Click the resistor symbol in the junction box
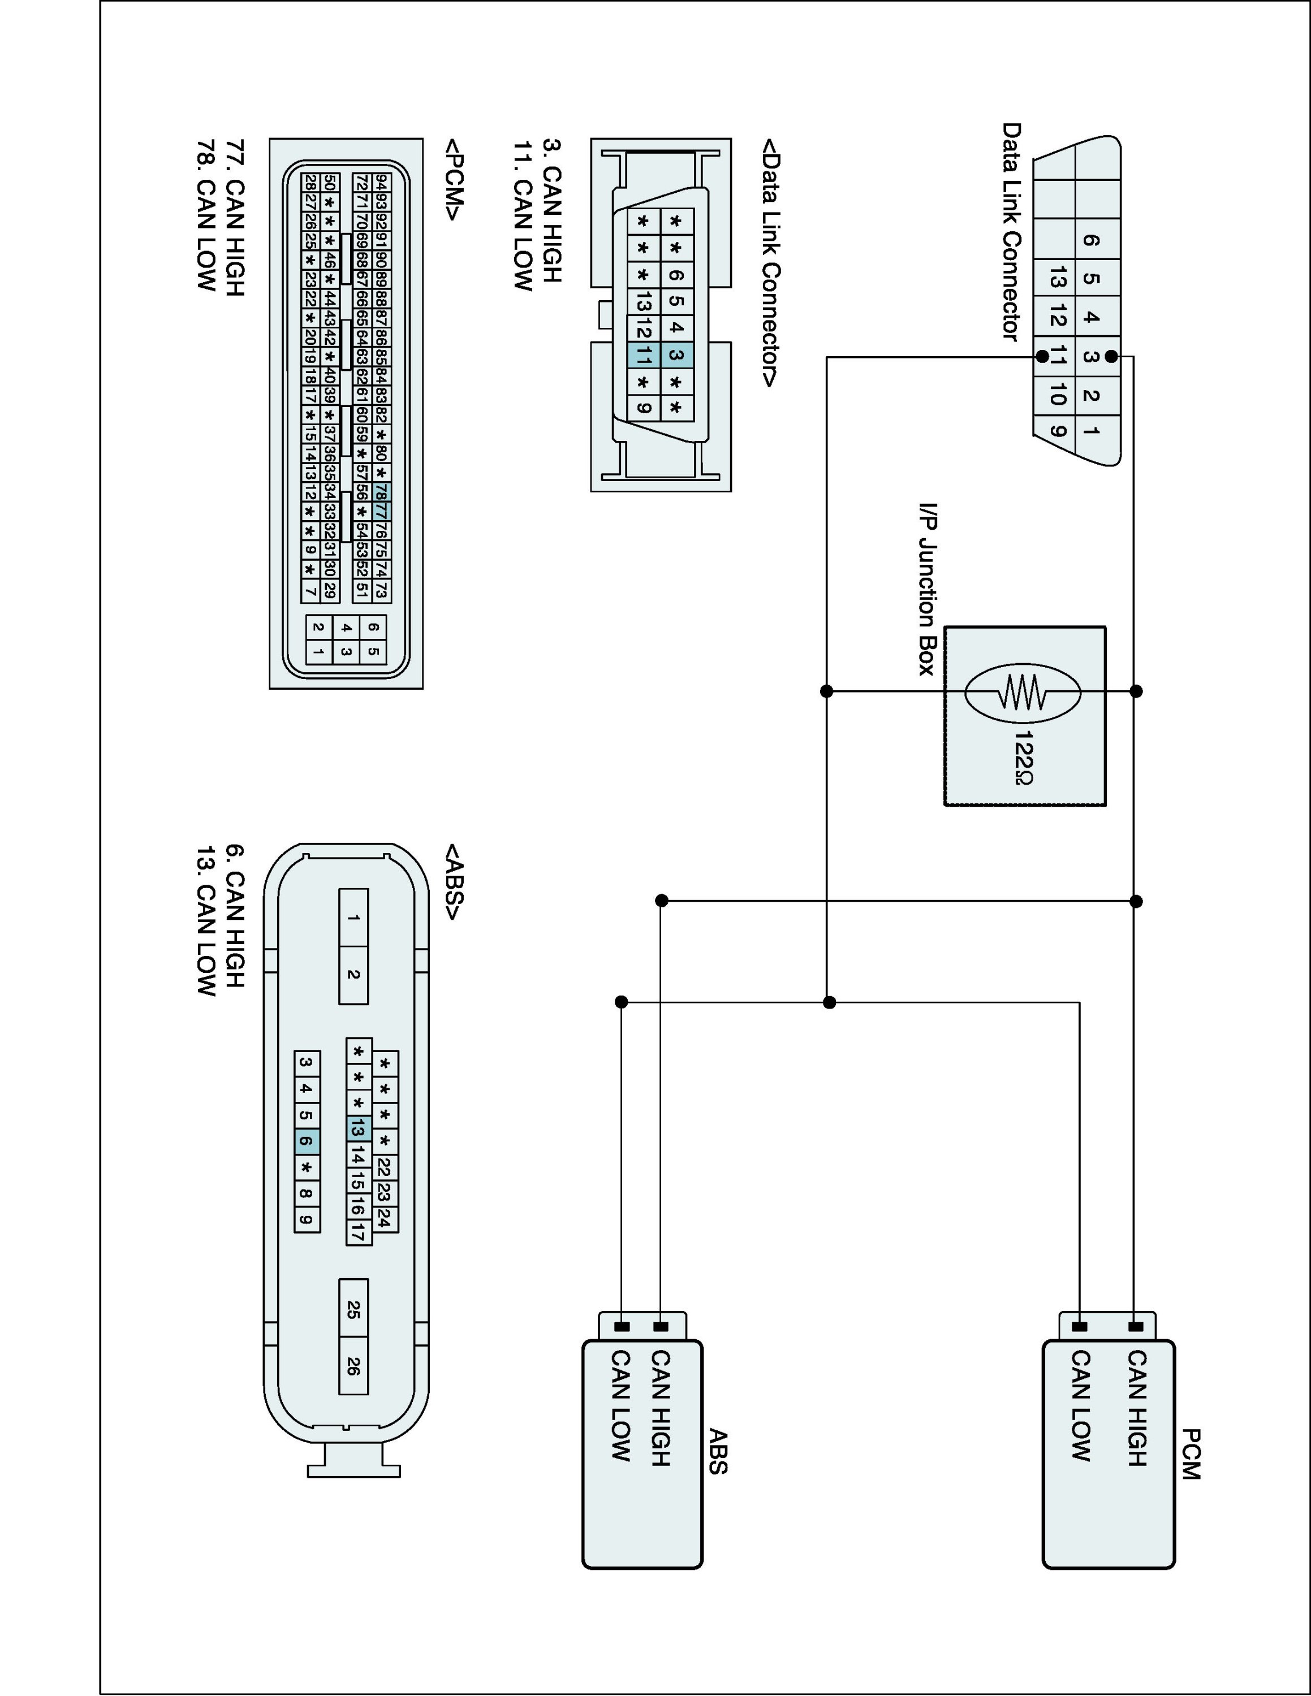pos(1023,691)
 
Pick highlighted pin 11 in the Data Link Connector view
pos(643,356)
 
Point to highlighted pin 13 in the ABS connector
pos(357,1128)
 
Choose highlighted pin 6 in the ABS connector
pos(307,1141)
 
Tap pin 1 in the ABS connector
pos(353,918)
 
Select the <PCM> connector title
pos(454,179)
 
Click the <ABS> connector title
pos(454,882)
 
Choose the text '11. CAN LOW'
pos(523,215)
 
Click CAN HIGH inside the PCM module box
pos(1136,1408)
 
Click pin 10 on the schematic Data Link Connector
pos(1056,395)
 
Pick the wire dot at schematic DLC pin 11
pos(1041,356)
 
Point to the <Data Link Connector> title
pos(770,263)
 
